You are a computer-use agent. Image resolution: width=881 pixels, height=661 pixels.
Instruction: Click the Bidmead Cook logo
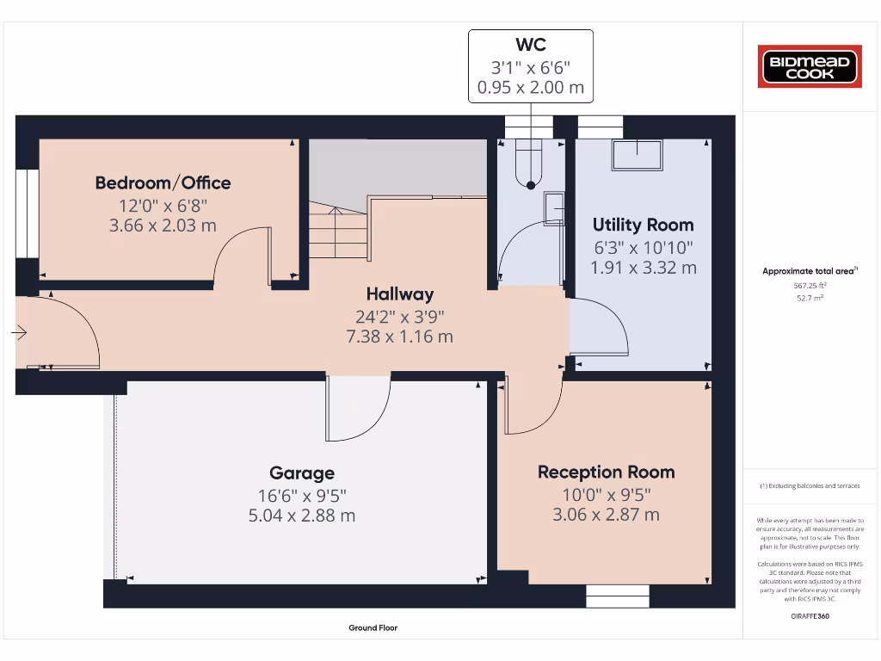[809, 67]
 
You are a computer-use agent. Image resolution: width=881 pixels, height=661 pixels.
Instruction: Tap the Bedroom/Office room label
[163, 182]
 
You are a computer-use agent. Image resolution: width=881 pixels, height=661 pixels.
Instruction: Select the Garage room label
[302, 473]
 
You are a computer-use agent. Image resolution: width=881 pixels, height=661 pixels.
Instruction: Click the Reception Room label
[606, 472]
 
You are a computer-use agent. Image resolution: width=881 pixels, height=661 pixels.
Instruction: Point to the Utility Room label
[643, 225]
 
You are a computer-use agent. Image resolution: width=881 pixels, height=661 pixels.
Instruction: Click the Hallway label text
[399, 293]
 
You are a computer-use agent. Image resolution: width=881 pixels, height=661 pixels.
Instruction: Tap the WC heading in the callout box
[530, 44]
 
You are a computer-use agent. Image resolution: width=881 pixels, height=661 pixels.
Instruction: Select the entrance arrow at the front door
[21, 333]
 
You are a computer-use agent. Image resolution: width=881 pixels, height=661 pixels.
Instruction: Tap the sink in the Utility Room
[638, 155]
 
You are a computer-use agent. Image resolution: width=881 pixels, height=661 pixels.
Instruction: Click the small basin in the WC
[554, 208]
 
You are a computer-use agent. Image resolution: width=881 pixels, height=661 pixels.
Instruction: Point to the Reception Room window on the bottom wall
[618, 596]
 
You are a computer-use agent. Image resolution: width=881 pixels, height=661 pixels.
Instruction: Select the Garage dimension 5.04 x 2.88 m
[301, 516]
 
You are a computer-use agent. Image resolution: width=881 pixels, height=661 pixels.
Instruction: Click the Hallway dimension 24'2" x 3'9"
[399, 315]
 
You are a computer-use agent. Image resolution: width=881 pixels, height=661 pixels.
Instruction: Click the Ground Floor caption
[373, 628]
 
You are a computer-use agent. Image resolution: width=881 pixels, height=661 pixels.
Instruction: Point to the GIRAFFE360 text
[809, 616]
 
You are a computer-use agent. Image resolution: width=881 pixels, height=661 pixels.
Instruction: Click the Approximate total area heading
[810, 271]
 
